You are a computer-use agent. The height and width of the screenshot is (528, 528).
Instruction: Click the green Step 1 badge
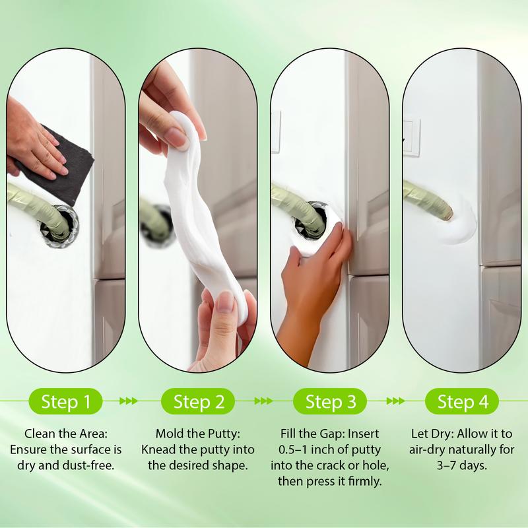(65, 401)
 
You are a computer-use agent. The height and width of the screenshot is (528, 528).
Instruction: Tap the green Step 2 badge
(197, 401)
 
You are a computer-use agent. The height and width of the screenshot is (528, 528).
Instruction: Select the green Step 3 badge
(329, 401)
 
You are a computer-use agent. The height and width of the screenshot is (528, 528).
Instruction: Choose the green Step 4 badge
(461, 401)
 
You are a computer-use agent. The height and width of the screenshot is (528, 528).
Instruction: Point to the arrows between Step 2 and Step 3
(263, 401)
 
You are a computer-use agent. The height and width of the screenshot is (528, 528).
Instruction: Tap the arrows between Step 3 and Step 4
(395, 401)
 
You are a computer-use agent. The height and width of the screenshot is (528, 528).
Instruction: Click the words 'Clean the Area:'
(65, 434)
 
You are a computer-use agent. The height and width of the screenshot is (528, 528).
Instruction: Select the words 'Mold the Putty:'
(197, 434)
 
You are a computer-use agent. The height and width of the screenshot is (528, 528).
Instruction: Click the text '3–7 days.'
(461, 465)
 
